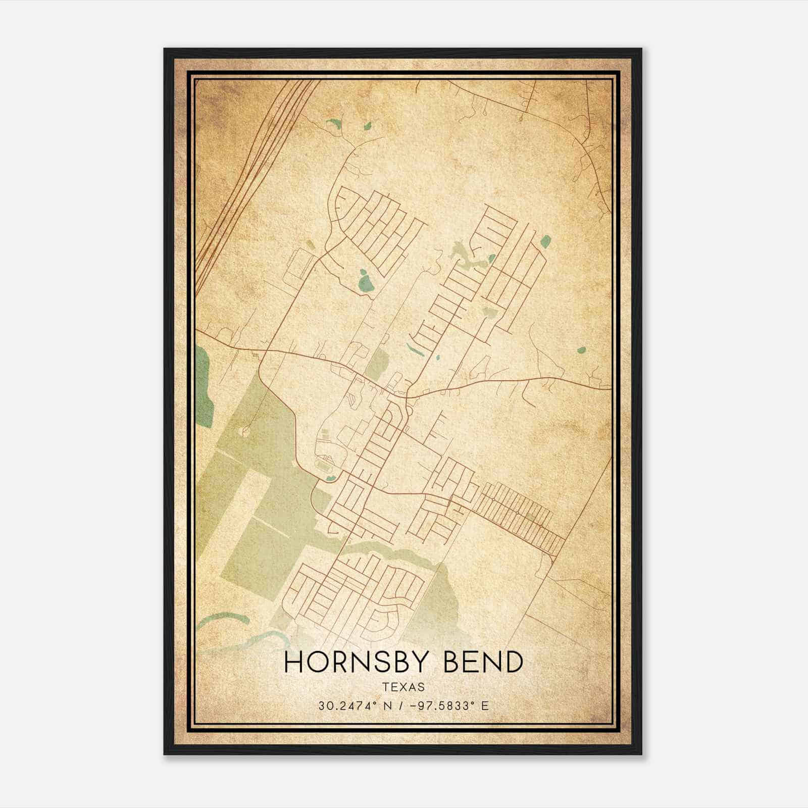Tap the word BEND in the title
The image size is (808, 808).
tap(484, 662)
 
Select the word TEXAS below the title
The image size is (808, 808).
tap(403, 687)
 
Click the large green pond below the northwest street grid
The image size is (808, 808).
tap(364, 280)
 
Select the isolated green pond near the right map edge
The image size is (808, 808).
tap(581, 349)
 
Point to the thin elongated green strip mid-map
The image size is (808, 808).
tap(412, 348)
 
